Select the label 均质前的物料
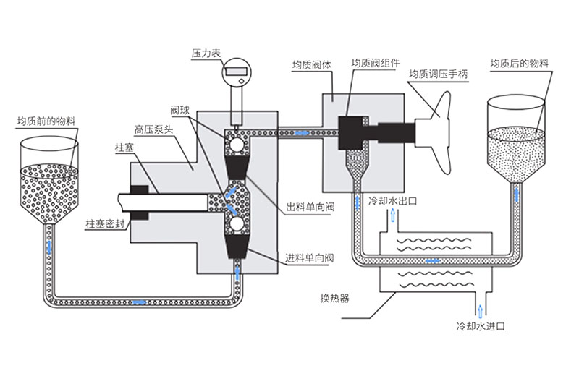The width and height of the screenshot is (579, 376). (x=46, y=120)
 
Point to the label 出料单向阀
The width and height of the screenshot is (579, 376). (x=310, y=208)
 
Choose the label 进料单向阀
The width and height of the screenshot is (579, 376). (x=310, y=257)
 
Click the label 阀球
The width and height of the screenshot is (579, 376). (x=179, y=109)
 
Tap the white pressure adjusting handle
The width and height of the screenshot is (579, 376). (x=437, y=133)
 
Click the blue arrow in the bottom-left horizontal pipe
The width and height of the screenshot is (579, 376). (x=138, y=300)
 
